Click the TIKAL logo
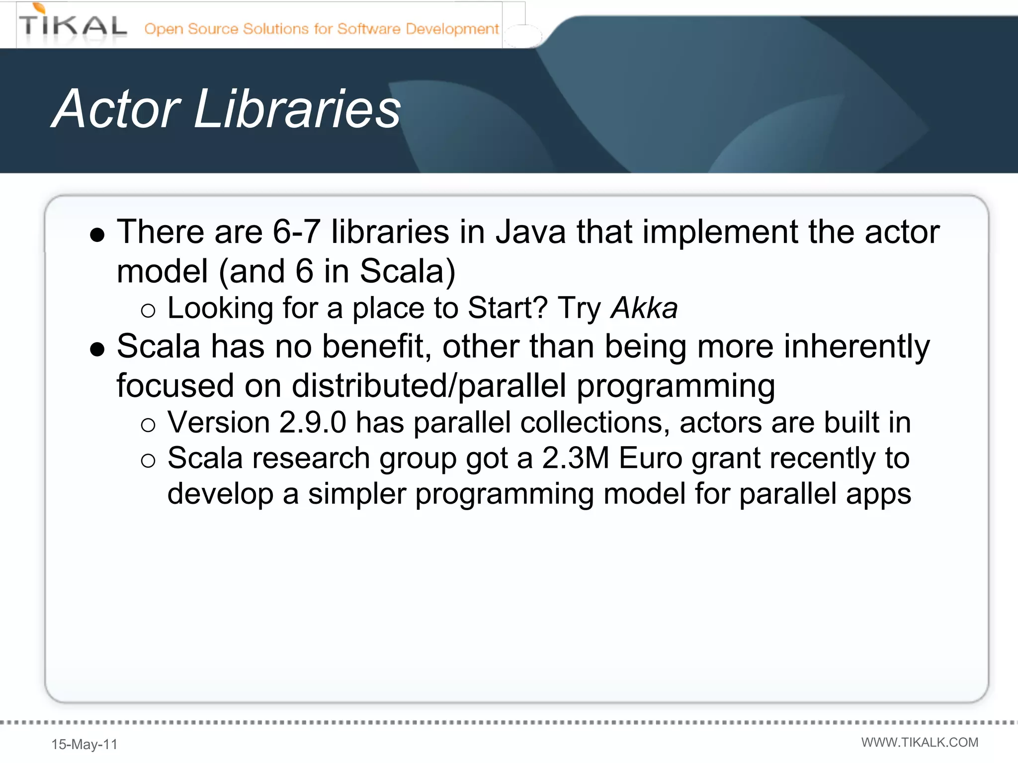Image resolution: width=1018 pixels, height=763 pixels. tap(73, 25)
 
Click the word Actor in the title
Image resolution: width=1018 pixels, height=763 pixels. tap(116, 109)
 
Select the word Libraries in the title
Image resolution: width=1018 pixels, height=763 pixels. tap(297, 109)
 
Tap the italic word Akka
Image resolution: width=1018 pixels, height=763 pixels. tap(644, 308)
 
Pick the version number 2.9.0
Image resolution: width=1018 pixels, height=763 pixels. tap(312, 423)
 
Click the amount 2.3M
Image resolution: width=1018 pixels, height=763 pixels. tap(575, 458)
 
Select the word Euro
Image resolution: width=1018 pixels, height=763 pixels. tap(650, 458)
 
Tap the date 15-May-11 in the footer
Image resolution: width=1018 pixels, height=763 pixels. tap(85, 744)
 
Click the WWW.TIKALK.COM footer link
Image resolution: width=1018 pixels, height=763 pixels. tap(920, 742)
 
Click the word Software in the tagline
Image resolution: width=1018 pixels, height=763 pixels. tap(368, 29)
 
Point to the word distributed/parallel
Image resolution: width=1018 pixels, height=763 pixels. tap(428, 386)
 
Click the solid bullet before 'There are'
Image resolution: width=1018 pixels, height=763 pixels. tap(97, 234)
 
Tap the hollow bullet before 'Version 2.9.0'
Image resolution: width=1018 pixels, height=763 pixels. tap(148, 425)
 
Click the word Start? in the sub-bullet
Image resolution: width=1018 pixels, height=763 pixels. tap(508, 308)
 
